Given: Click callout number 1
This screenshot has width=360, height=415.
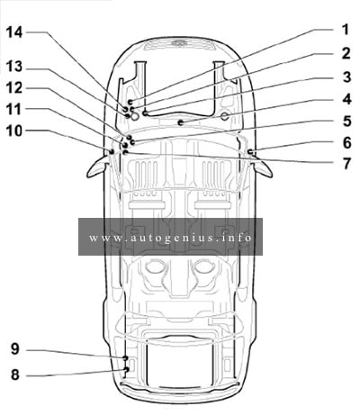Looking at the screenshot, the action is point(346,30).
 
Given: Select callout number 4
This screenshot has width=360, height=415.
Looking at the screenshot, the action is point(346,99).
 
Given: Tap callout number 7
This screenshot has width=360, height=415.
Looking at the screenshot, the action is point(346,164).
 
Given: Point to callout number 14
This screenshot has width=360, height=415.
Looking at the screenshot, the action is point(14,32).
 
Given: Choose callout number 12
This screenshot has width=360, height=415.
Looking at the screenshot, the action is point(14,88).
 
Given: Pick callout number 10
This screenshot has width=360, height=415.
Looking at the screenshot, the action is point(14,131).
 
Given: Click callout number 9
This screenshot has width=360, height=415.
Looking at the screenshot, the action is point(15,349).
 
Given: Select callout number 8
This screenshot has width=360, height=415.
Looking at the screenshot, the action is point(15,374).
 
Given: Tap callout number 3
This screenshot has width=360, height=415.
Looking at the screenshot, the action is point(346,77).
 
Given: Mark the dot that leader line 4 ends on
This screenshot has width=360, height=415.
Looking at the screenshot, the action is point(180,122).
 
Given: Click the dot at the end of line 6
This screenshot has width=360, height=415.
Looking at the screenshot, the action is point(249,151).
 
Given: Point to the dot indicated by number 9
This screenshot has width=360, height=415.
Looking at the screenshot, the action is point(125,358).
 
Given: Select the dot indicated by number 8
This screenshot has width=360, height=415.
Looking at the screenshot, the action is point(126,369).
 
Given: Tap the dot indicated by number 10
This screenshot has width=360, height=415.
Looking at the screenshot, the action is point(112,151).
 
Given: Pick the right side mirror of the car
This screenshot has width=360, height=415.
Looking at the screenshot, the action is point(262,167).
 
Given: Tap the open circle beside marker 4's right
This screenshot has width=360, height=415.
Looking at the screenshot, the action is point(225,116).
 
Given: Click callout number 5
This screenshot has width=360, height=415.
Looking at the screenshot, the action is point(346,121).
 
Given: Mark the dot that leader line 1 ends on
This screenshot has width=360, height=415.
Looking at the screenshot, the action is point(130,103).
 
